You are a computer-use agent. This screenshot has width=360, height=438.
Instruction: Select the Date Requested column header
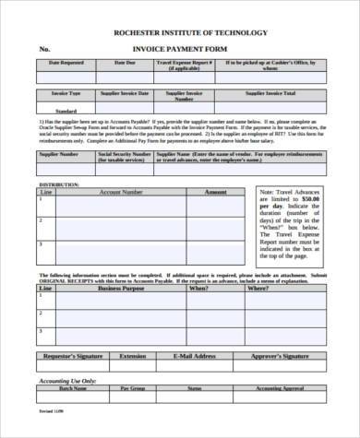65,63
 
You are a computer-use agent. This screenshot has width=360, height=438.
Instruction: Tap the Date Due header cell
125,63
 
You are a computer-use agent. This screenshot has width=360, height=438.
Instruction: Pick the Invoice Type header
66,94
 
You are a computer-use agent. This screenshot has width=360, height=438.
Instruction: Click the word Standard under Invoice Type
66,110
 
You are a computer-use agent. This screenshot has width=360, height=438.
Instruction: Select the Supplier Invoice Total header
270,94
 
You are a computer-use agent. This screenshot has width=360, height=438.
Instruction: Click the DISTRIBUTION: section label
55,185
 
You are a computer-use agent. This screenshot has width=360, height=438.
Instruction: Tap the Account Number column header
120,193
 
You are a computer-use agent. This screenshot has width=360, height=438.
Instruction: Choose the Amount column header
215,193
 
